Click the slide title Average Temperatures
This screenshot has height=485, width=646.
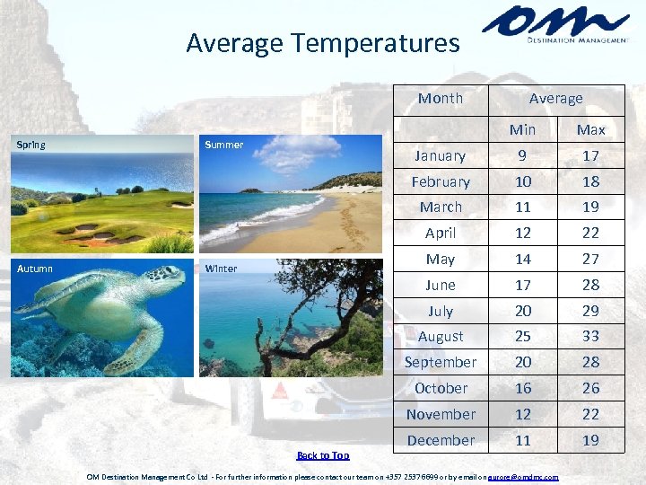click(322, 42)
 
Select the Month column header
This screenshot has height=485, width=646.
click(441, 99)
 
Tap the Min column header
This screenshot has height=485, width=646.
click(522, 130)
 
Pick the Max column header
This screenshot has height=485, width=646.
click(590, 130)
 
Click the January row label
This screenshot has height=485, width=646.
click(440, 156)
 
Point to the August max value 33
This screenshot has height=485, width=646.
click(590, 337)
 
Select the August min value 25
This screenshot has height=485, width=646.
click(522, 337)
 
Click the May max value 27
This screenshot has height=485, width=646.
click(590, 260)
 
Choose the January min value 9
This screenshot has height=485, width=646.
click(522, 156)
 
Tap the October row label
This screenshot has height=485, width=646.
click(441, 389)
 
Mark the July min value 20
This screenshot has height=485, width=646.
click(522, 312)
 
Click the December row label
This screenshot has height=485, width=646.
click(441, 441)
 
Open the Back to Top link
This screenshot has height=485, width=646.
click(323, 455)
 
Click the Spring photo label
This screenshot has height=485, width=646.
click(31, 145)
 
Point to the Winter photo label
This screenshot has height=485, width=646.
click(221, 269)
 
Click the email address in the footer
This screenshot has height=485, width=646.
click(522, 477)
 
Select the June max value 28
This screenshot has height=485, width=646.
click(590, 286)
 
